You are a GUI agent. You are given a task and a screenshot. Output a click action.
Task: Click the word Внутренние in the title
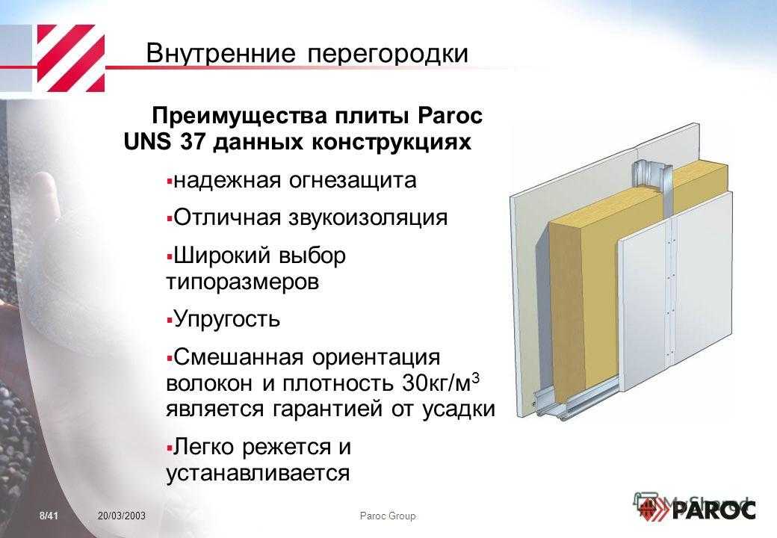coord(221,53)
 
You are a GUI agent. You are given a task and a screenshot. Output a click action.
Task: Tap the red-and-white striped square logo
coord(71,58)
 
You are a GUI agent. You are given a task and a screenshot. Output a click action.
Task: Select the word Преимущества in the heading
coord(240,117)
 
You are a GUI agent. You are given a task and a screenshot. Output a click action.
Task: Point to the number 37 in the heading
coord(193,142)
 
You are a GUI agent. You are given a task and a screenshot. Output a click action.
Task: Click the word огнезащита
coord(353,181)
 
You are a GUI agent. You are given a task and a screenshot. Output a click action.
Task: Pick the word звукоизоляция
coord(368,218)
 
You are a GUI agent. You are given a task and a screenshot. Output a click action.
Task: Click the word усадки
coord(459,409)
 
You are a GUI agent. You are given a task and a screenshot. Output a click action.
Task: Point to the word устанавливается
coord(259,473)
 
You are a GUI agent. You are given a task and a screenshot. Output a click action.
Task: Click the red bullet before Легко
coord(170,448)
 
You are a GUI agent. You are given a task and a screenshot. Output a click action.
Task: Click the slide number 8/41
coord(49,516)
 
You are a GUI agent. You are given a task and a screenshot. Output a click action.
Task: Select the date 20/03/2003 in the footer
coord(122,516)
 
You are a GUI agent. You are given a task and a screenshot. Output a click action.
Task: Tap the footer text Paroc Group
coord(388,516)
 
